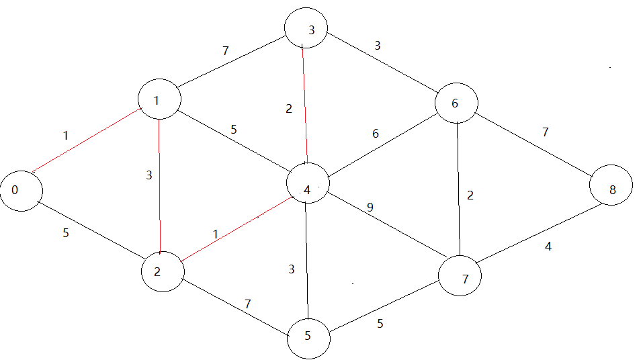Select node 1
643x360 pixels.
159,99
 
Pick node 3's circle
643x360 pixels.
306,30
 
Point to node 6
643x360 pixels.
456,103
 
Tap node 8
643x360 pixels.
611,189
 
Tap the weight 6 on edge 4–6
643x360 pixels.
376,134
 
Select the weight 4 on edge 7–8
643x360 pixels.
548,246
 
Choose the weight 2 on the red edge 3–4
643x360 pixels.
289,108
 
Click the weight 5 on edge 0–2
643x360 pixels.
65,234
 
